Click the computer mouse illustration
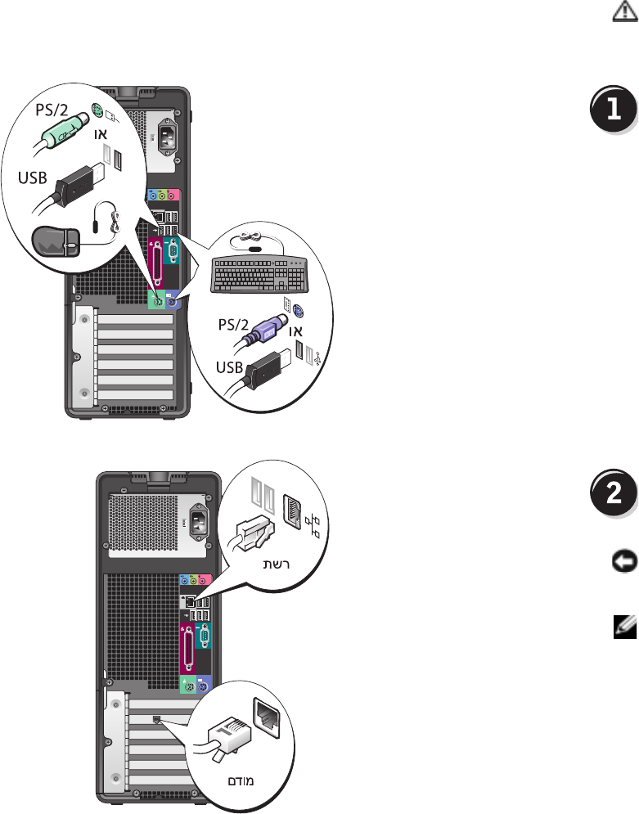pyautogui.click(x=55, y=241)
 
